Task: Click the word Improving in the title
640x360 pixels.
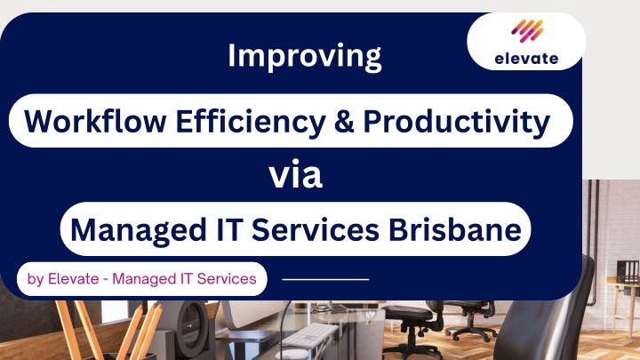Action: [x=305, y=57]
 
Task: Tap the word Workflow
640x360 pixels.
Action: [x=95, y=121]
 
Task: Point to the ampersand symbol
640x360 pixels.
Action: [x=344, y=121]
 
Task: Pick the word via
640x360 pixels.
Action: [x=295, y=175]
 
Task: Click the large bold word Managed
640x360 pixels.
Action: [x=139, y=231]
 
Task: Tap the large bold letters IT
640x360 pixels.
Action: [x=229, y=229]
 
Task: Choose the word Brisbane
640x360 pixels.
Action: [x=455, y=229]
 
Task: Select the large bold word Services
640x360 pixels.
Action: [x=316, y=229]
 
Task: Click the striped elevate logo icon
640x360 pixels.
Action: [x=527, y=30]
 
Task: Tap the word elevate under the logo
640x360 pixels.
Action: [x=526, y=59]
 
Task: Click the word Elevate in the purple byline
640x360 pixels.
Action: [x=74, y=279]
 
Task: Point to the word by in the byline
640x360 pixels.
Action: [x=36, y=280]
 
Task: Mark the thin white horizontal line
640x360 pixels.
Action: [x=325, y=280]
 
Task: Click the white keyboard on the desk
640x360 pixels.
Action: [x=309, y=335]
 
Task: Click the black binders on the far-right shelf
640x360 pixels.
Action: [x=628, y=272]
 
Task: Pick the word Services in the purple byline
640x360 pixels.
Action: [x=227, y=279]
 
